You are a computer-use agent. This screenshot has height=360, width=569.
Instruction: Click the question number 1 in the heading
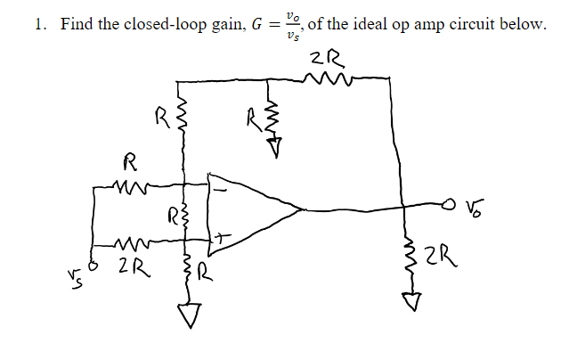[38, 24]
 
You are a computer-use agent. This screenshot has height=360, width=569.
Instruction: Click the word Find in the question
[77, 24]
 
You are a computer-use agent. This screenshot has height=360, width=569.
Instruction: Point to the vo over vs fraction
[285, 24]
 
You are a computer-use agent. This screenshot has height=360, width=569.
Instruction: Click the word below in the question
[523, 24]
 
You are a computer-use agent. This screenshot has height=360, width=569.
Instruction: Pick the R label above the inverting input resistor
[129, 163]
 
